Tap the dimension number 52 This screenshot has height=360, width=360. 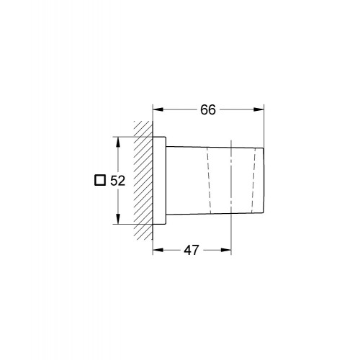point(119,181)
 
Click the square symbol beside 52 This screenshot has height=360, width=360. point(101,181)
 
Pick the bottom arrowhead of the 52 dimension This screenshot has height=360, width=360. point(117,221)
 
